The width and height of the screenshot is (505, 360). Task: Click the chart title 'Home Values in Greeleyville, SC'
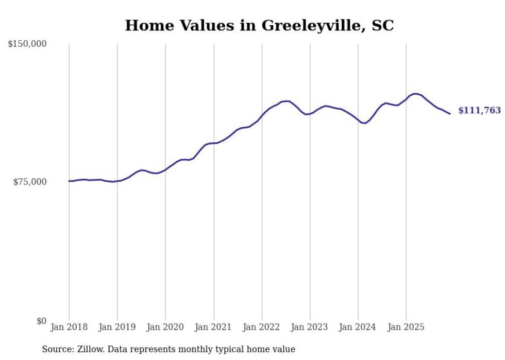click(259, 25)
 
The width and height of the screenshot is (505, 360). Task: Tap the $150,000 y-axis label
click(27, 44)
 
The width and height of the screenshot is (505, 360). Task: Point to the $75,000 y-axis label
click(30, 182)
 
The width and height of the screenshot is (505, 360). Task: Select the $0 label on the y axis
click(41, 321)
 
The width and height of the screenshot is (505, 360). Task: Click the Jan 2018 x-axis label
click(69, 327)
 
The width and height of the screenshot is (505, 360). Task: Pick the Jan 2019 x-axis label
click(117, 327)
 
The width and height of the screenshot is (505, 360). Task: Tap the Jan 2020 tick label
click(165, 327)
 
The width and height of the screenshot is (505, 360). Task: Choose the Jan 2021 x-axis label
click(213, 327)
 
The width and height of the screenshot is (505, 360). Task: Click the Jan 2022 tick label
click(262, 327)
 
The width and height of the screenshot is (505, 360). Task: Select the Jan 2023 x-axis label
click(310, 327)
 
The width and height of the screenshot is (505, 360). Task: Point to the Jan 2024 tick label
click(358, 327)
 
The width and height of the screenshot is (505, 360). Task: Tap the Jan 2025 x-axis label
click(406, 327)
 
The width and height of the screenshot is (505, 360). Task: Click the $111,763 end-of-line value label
click(479, 110)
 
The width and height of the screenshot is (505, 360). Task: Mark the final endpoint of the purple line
click(450, 114)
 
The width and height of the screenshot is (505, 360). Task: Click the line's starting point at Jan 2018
click(69, 181)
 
